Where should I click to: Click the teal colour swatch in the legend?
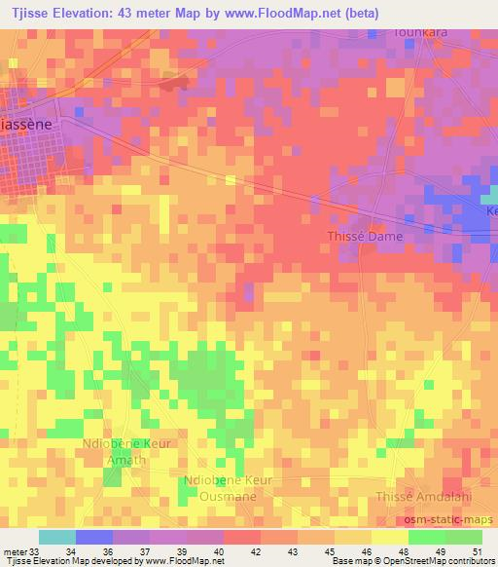click(x=56, y=537)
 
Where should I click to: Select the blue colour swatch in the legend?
click(x=93, y=537)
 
